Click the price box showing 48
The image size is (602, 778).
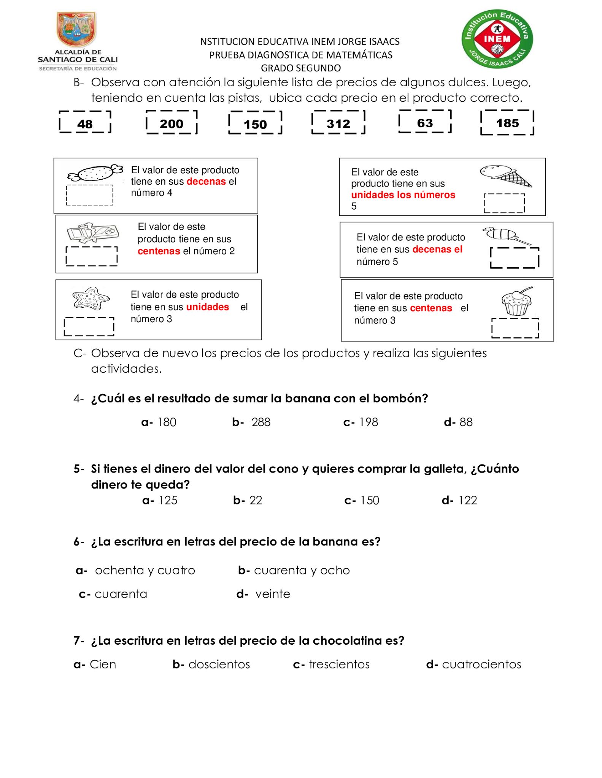pos(85,123)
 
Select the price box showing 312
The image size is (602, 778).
pos(338,123)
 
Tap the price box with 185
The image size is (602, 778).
pos(507,123)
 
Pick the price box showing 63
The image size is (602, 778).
pos(425,122)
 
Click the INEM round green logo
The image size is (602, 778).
pos(497,39)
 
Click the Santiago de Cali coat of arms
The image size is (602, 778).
pos(77,30)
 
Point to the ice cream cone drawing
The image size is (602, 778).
pos(505,176)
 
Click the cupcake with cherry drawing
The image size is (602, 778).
pos(516,302)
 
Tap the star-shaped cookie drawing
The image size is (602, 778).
pos(91,298)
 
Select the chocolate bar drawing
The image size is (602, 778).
pos(92,232)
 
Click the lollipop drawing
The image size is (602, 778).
pos(506,235)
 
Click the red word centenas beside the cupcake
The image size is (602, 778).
pos(431,308)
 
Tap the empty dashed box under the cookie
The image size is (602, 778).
pos(89,327)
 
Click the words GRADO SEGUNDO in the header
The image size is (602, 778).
pos(300,68)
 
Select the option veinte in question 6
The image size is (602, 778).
pos(272,594)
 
